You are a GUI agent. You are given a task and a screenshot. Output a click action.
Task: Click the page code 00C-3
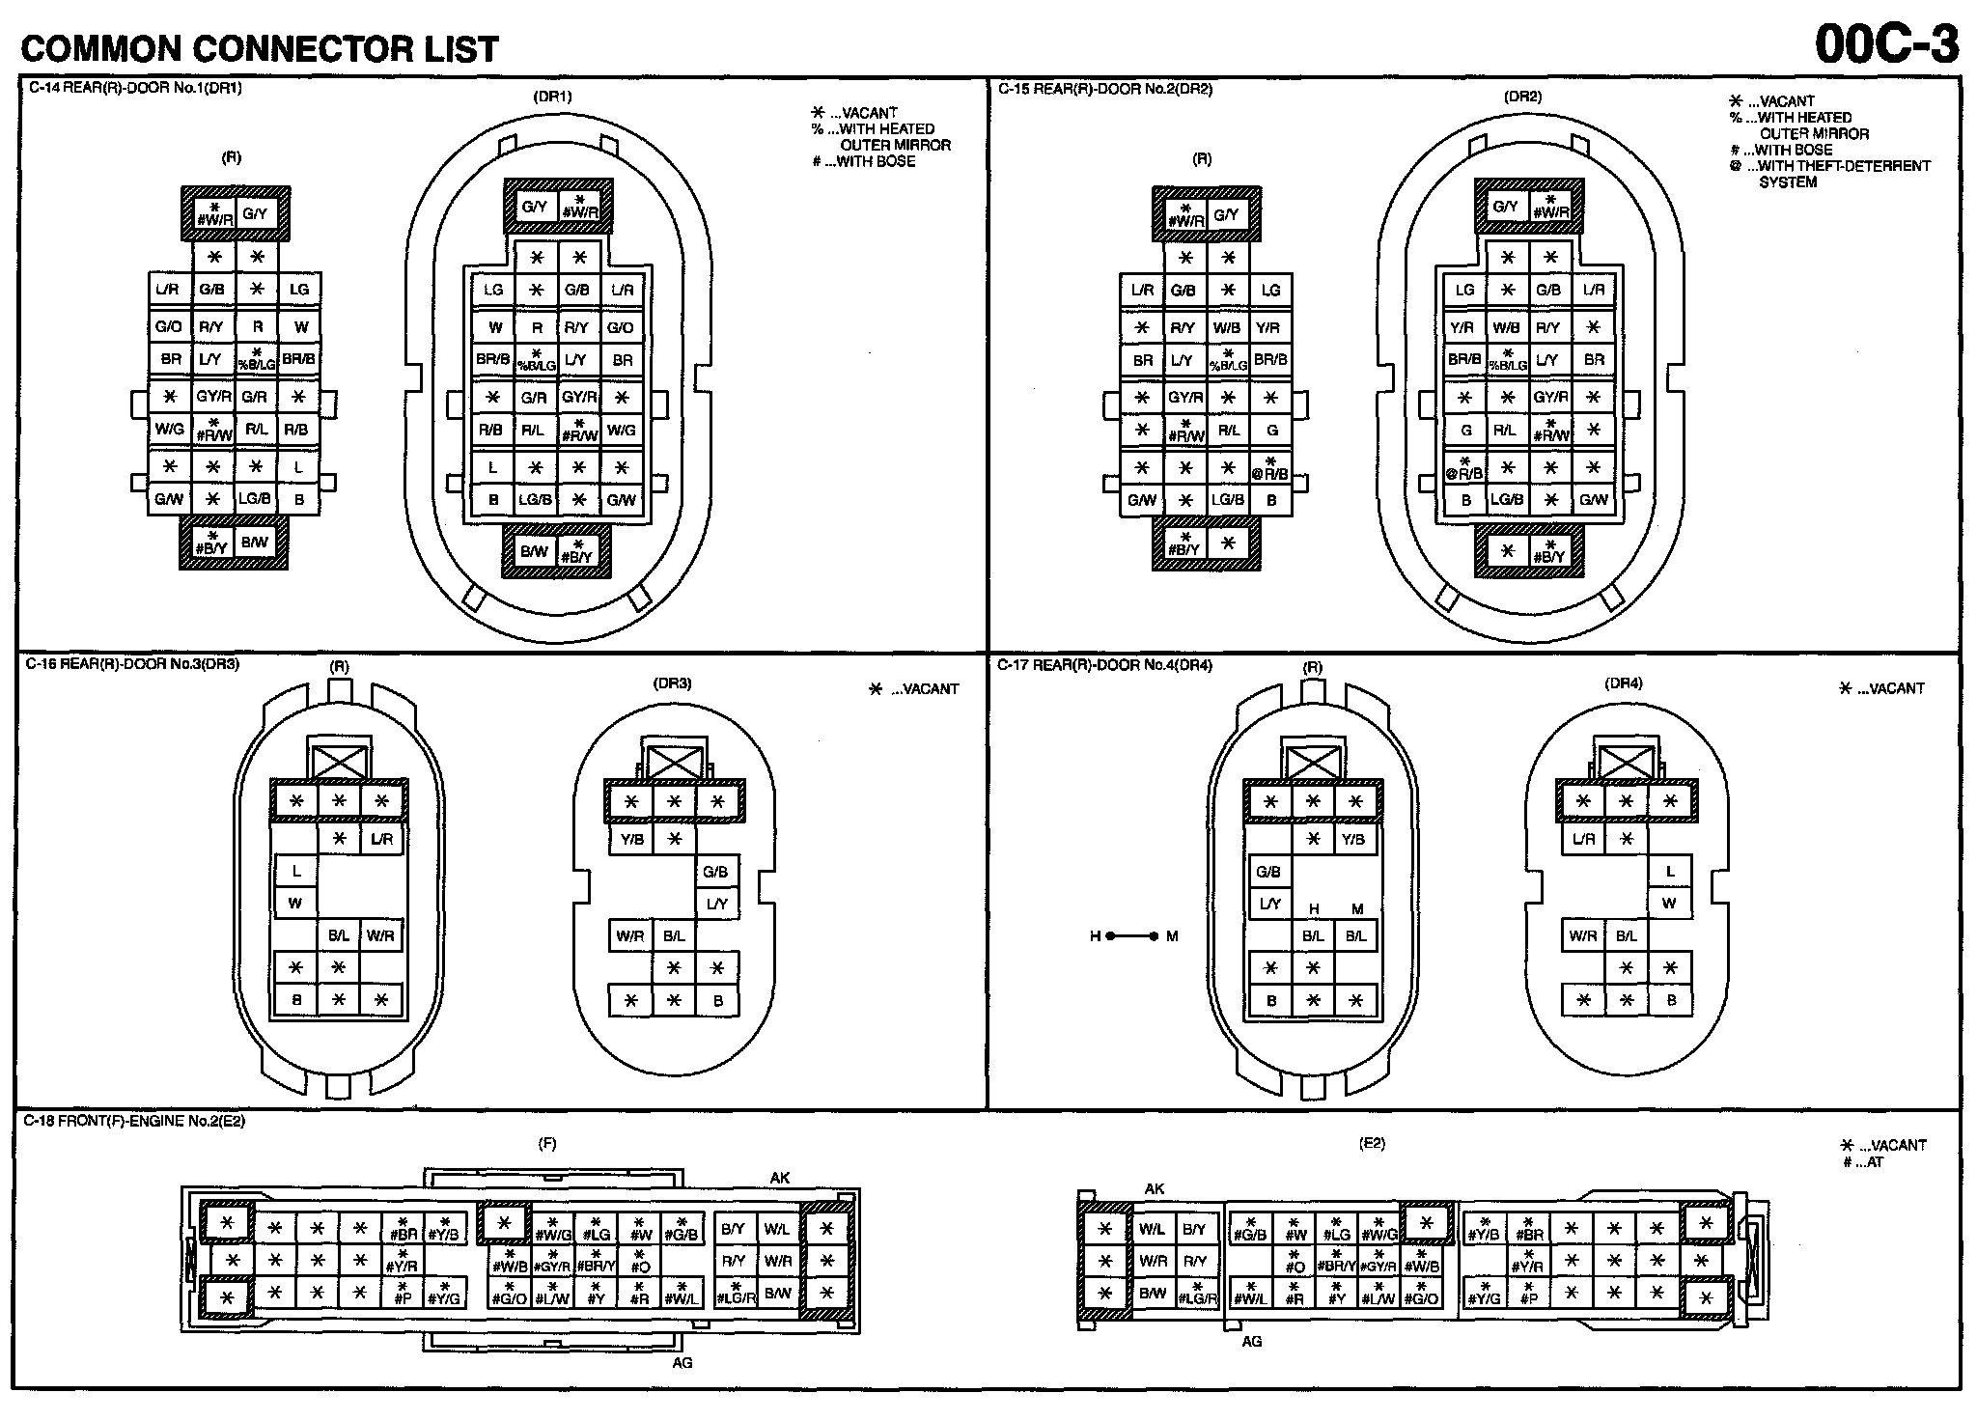pyautogui.click(x=1886, y=42)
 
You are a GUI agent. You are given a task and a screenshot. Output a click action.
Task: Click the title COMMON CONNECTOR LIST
pyautogui.click(x=260, y=48)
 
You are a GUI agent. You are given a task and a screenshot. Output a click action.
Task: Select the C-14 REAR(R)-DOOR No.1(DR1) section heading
pyautogui.click(x=134, y=88)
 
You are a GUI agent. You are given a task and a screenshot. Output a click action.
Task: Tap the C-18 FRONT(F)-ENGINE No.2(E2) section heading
pyautogui.click(x=134, y=1121)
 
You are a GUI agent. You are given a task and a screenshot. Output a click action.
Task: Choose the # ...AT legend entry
pyautogui.click(x=1862, y=1162)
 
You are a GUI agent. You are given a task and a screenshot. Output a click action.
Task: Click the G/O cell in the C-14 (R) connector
pyautogui.click(x=169, y=326)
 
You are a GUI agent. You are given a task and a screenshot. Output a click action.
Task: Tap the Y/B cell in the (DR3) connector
pyautogui.click(x=632, y=839)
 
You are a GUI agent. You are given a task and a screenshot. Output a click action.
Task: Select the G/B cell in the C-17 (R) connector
pyautogui.click(x=1268, y=872)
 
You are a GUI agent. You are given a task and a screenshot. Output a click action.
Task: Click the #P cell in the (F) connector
pyautogui.click(x=404, y=1295)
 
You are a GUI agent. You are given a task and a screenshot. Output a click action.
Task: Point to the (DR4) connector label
pyautogui.click(x=1623, y=683)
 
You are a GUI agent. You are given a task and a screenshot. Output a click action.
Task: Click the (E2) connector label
pyautogui.click(x=1372, y=1143)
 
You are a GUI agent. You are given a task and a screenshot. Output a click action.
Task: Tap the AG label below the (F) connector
pyautogui.click(x=682, y=1362)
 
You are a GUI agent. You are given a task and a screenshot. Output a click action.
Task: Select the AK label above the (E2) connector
pyautogui.click(x=1155, y=1189)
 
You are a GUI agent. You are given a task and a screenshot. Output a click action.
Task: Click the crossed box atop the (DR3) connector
pyautogui.click(x=674, y=761)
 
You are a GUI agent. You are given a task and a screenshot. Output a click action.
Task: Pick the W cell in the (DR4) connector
pyautogui.click(x=1669, y=904)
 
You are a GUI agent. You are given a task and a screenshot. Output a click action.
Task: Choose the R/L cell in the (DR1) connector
pyautogui.click(x=533, y=431)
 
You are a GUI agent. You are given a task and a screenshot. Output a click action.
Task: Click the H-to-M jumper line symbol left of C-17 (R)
pyautogui.click(x=1132, y=936)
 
